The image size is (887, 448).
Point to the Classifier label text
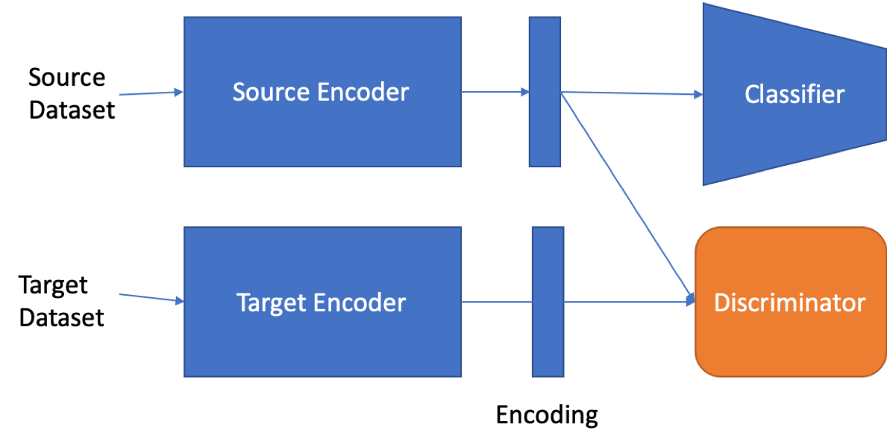pyautogui.click(x=794, y=95)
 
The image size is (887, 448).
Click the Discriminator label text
pyautogui.click(x=789, y=302)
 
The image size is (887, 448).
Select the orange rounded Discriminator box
pyautogui.click(x=789, y=343)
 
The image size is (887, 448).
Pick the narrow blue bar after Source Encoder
pyautogui.click(x=545, y=134)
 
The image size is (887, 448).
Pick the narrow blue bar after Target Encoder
pyautogui.click(x=548, y=343)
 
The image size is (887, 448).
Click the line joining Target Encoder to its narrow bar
pyautogui.click(x=496, y=302)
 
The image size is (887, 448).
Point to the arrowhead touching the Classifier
pyautogui.click(x=698, y=95)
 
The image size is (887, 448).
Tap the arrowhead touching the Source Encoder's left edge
pyautogui.click(x=178, y=93)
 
